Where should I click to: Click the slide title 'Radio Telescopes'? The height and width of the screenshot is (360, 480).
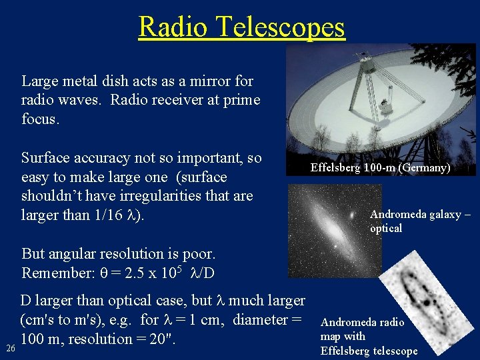click(x=241, y=27)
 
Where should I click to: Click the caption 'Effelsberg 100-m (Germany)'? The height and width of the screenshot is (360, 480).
click(x=380, y=168)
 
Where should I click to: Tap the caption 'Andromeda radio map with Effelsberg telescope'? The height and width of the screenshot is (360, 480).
click(x=369, y=337)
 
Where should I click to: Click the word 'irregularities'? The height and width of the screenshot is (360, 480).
click(x=161, y=196)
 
